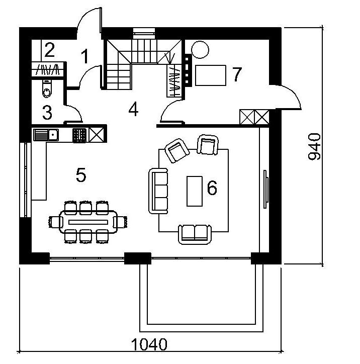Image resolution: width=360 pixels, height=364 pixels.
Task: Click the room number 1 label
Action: tap(85, 56)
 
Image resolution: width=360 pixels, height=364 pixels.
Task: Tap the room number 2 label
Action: tap(49, 50)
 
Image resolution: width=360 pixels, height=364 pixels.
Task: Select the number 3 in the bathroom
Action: tap(47, 112)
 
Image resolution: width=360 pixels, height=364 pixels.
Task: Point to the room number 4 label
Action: tap(133, 109)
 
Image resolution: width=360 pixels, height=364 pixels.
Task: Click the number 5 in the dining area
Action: tap(81, 175)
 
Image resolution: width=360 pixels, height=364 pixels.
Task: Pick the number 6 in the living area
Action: tap(212, 188)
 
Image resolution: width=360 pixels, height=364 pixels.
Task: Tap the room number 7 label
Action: tap(237, 74)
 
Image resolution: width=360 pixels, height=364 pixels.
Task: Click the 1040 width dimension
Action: tap(149, 344)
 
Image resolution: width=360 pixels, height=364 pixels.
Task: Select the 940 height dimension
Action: tap(314, 146)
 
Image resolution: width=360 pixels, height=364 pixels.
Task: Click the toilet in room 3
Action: tap(47, 88)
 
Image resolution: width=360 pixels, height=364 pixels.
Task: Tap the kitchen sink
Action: tap(46, 135)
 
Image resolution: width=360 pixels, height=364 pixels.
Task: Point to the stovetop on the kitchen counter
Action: tap(79, 135)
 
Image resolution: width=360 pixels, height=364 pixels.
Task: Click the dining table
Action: tap(88, 222)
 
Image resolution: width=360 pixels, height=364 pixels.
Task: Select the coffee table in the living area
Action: tap(195, 191)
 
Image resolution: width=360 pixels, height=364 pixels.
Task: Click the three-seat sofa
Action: tap(158, 191)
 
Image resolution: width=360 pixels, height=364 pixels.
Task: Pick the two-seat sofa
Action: tap(195, 234)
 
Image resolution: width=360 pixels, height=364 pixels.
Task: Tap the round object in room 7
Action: tap(200, 49)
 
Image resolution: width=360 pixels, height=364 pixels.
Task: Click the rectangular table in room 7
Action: tap(211, 75)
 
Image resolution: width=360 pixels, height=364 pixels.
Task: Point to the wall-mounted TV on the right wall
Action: tap(266, 189)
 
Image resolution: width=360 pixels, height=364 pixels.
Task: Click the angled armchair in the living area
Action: tap(177, 151)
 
